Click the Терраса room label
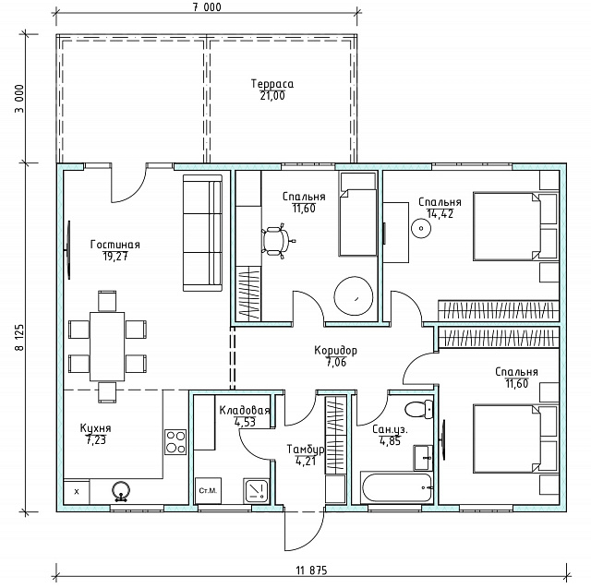click(x=272, y=84)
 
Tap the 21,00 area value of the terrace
click(x=272, y=96)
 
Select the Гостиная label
click(x=115, y=245)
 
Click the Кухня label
click(x=95, y=428)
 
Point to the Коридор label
click(x=335, y=351)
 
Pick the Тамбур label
click(x=306, y=450)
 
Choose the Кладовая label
click(x=245, y=410)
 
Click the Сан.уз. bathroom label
click(x=390, y=429)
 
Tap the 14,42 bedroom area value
click(x=440, y=214)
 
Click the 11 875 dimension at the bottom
click(x=311, y=570)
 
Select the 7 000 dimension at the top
click(x=207, y=7)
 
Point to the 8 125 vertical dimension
click(x=19, y=338)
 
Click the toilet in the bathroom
click(x=418, y=409)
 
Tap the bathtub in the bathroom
click(x=396, y=487)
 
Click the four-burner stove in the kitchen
click(x=175, y=442)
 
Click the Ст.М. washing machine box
click(x=208, y=491)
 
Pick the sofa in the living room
click(x=202, y=233)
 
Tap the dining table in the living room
click(x=107, y=346)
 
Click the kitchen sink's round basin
click(x=121, y=489)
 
